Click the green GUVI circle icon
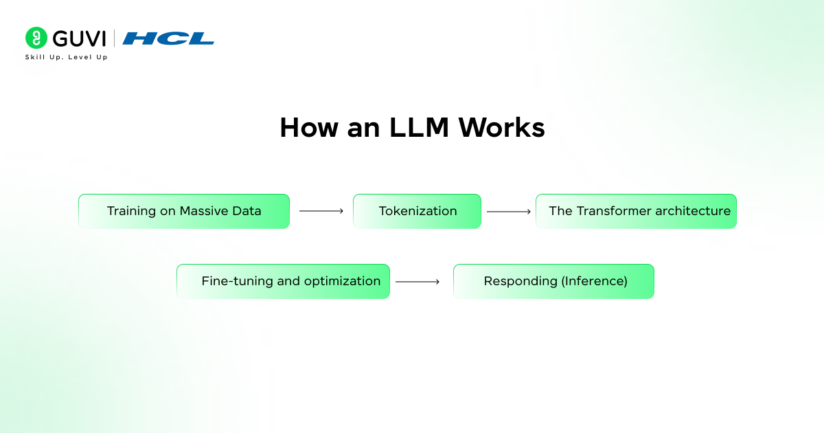tap(36, 38)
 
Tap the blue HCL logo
tap(168, 38)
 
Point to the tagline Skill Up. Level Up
tap(66, 57)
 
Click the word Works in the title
tap(502, 129)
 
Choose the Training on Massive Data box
tap(183, 211)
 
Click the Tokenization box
tap(417, 211)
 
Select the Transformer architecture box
tap(636, 211)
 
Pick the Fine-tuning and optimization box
tap(283, 281)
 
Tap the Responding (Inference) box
tap(553, 281)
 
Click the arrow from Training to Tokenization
tap(321, 211)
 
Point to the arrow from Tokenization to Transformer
tap(509, 211)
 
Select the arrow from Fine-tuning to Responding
tap(417, 281)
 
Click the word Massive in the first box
tap(203, 211)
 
